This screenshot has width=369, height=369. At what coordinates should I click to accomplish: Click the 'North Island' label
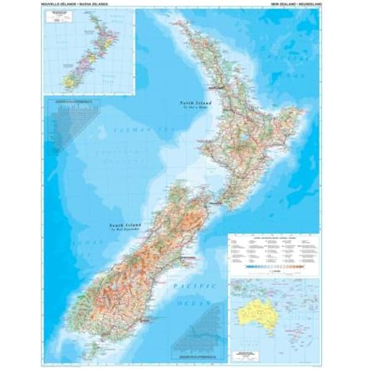(x=192, y=103)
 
